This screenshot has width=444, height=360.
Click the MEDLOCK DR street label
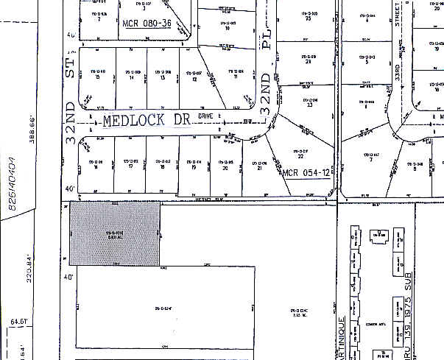(x=147, y=121)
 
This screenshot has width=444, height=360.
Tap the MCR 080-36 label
(x=147, y=24)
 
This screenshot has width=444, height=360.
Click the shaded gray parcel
(x=114, y=234)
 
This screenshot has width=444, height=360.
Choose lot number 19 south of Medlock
(x=193, y=166)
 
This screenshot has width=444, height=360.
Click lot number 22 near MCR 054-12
(x=300, y=155)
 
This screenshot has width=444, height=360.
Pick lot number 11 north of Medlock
(x=235, y=77)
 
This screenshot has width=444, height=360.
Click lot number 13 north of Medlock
(x=161, y=77)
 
